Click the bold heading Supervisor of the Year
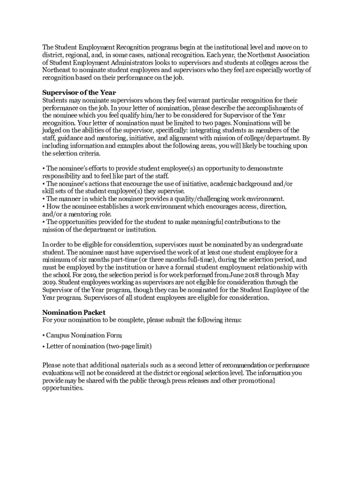tap(79, 92)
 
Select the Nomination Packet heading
tap(73, 312)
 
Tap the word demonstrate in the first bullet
tap(261, 168)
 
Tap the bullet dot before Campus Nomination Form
tap(43, 335)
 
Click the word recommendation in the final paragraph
tap(242, 365)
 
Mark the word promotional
tap(252, 380)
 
